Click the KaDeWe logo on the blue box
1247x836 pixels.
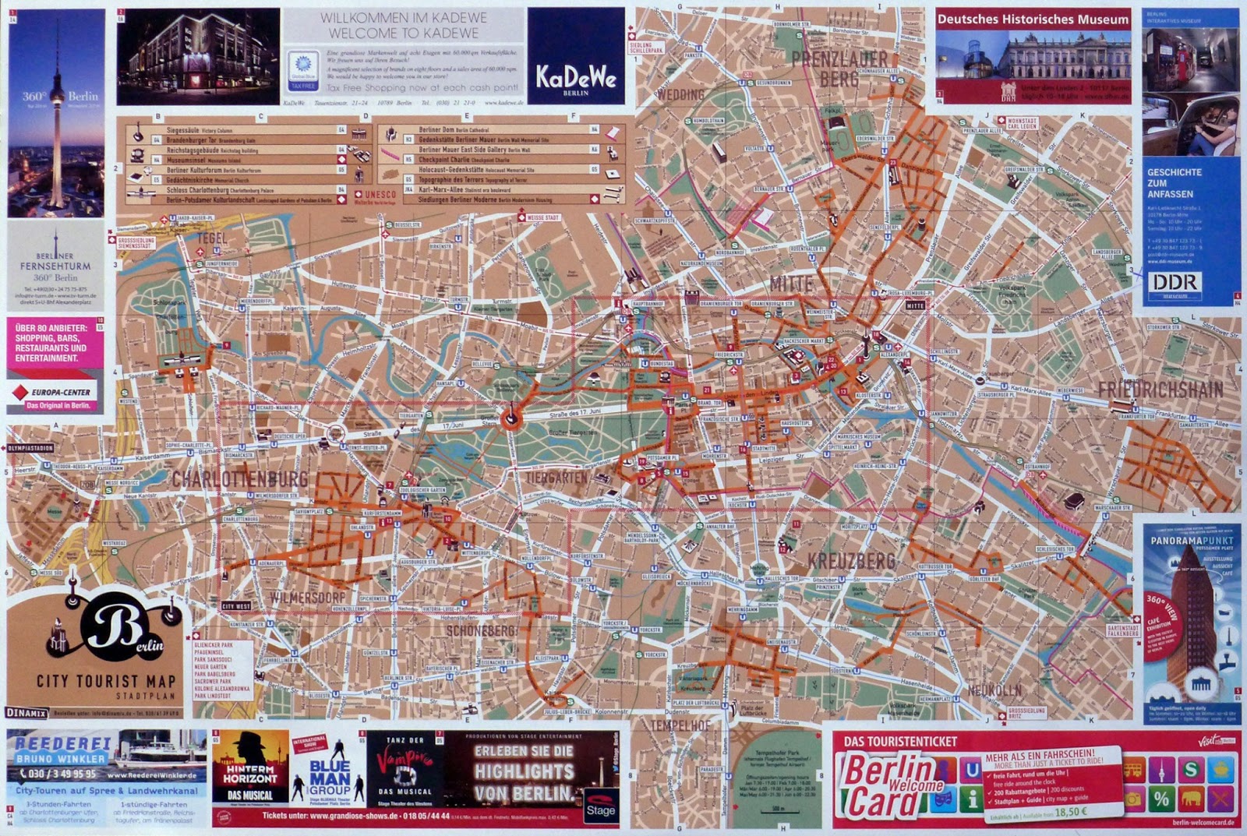coord(576,78)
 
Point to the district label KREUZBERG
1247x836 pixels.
coord(851,561)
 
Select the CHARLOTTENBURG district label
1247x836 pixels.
coord(240,478)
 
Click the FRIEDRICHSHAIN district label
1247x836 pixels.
coord(1160,390)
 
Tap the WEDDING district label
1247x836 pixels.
coord(680,94)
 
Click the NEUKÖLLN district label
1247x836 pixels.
coord(994,690)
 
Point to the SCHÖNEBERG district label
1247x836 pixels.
coord(481,630)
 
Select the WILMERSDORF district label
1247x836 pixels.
coord(308,598)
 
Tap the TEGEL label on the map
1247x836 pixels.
coord(212,238)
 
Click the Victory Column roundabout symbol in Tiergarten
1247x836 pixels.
coord(510,419)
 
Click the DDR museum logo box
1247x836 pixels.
coord(1176,284)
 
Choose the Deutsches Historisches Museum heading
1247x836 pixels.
coord(1032,19)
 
